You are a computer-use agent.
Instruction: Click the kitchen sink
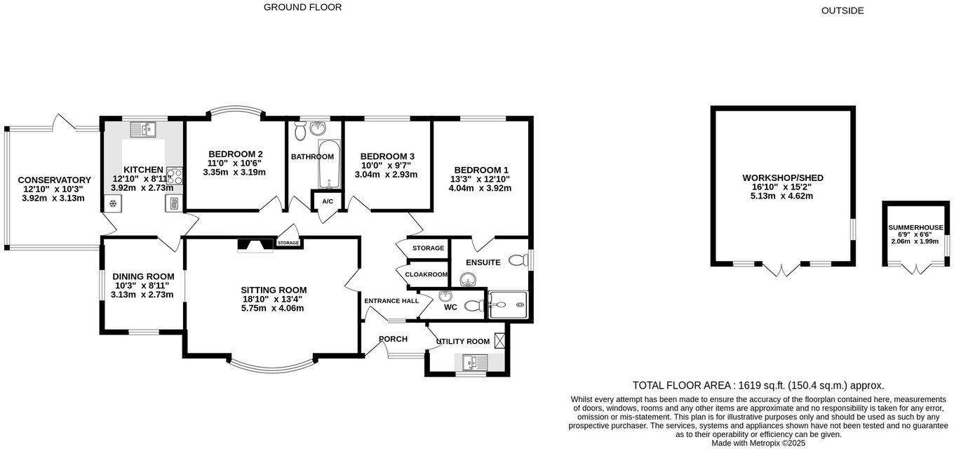click(x=143, y=129)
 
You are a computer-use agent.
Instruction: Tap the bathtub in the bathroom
click(x=329, y=164)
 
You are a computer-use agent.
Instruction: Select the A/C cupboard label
click(x=328, y=201)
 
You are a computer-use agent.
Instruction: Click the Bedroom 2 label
click(x=235, y=154)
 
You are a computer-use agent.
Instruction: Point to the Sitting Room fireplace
click(x=255, y=245)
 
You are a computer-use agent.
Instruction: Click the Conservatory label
click(x=54, y=180)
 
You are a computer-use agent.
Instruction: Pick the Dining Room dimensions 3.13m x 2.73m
click(x=142, y=295)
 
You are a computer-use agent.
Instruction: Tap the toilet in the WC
click(x=474, y=305)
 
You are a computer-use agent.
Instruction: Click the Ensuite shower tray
click(x=508, y=304)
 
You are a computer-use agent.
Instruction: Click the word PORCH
click(x=393, y=339)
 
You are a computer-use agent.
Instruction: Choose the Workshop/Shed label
click(x=783, y=177)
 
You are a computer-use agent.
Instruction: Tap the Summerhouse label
click(x=915, y=227)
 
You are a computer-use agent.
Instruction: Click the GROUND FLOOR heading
click(x=302, y=7)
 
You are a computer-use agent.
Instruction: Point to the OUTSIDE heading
click(x=842, y=11)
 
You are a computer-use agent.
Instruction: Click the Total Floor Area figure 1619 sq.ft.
click(x=762, y=386)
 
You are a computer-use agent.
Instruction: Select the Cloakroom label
click(x=426, y=274)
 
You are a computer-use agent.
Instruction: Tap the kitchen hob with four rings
click(x=175, y=176)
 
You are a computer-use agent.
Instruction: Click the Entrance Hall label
click(x=391, y=301)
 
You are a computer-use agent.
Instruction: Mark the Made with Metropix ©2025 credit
click(x=758, y=443)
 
